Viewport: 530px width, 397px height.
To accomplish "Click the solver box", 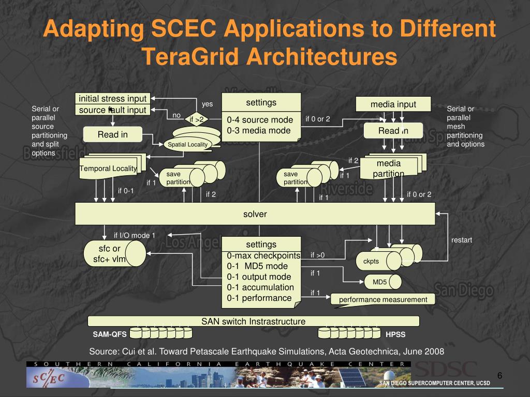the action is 255,213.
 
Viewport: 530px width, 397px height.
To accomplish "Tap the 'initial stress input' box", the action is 112,98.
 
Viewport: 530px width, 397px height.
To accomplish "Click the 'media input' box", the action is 393,104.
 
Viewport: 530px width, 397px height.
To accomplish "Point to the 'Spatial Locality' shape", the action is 187,144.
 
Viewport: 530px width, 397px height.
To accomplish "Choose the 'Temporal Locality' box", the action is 108,169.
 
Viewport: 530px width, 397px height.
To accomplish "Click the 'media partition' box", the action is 388,168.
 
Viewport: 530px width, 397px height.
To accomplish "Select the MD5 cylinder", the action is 380,282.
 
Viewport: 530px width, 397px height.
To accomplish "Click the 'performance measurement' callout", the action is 382,299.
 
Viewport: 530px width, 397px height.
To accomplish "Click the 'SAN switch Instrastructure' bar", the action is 253,322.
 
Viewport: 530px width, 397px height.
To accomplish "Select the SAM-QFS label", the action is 109,334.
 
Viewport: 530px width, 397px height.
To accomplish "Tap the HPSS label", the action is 395,334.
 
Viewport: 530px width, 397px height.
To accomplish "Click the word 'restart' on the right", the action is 462,240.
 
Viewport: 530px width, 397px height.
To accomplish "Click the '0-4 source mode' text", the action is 260,120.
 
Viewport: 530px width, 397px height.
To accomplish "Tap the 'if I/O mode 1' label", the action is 135,235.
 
